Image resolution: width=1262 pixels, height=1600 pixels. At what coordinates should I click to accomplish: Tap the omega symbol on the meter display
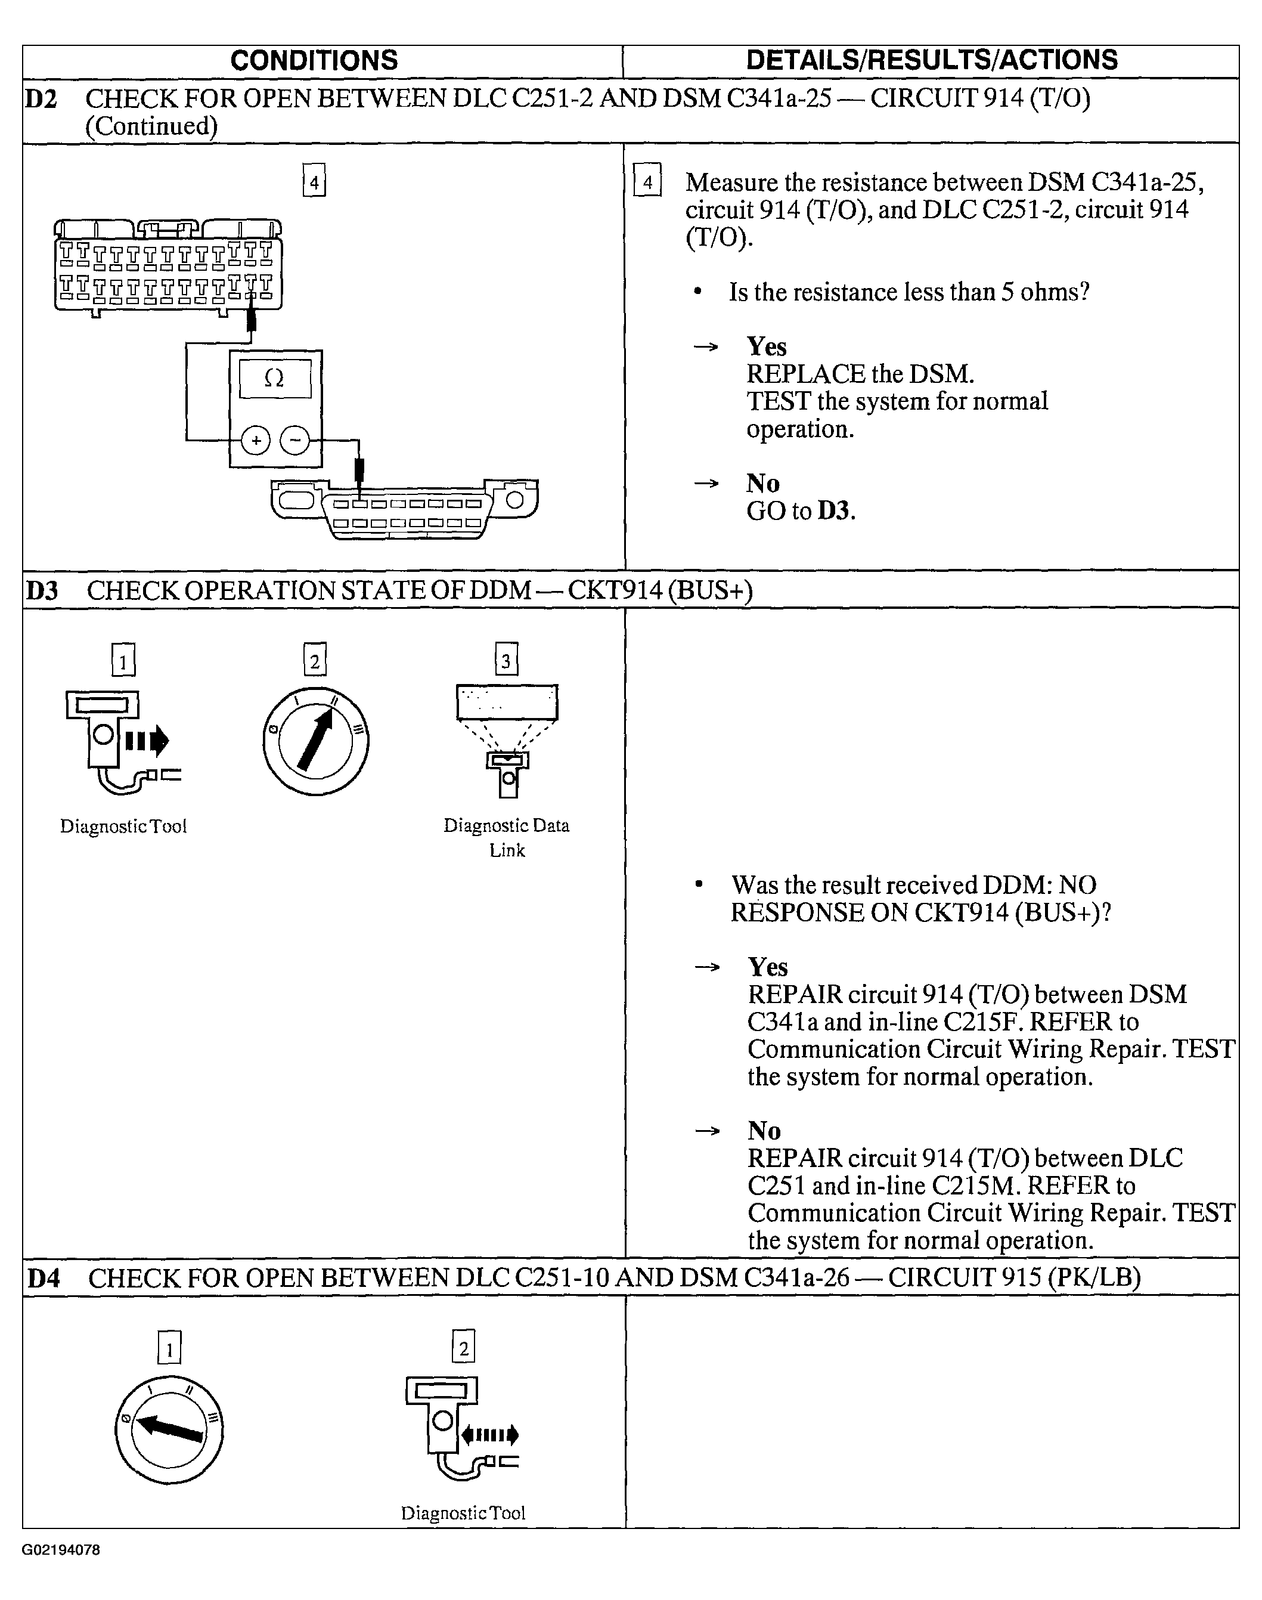click(x=274, y=379)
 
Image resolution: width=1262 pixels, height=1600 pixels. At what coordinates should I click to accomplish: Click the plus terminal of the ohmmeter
click(x=256, y=441)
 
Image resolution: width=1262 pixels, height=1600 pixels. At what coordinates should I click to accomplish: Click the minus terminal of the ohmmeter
click(x=295, y=441)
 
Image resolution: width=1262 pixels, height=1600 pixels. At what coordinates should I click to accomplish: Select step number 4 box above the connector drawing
click(x=314, y=182)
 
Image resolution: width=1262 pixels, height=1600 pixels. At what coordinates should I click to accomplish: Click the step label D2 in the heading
click(x=41, y=98)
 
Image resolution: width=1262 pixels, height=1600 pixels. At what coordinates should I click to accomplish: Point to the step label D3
click(x=42, y=590)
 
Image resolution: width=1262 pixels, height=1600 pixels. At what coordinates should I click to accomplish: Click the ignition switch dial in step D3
click(x=315, y=741)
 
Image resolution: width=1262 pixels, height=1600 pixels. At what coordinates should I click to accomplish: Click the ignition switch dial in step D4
click(x=169, y=1429)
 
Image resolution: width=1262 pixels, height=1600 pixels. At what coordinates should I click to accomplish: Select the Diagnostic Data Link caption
click(x=506, y=837)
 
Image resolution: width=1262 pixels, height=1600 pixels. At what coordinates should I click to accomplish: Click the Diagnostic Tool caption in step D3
click(x=123, y=826)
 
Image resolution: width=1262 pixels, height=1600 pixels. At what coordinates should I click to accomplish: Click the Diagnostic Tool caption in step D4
click(x=463, y=1513)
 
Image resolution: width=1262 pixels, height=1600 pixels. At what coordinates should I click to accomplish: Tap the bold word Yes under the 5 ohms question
click(x=766, y=346)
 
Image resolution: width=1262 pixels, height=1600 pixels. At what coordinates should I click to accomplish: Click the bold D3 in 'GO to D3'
click(x=833, y=510)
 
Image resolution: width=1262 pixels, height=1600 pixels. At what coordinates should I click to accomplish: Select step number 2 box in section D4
click(x=463, y=1350)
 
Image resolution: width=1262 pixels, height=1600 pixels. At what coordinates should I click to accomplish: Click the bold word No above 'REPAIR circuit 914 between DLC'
click(x=764, y=1131)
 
